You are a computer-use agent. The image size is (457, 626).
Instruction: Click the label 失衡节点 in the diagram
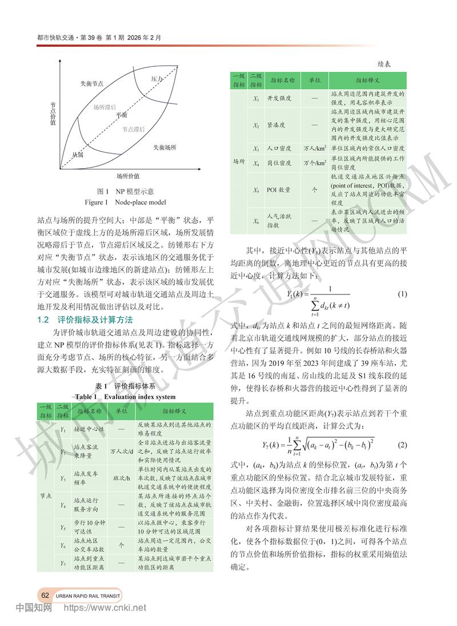point(93,83)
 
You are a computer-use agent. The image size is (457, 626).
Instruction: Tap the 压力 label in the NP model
point(158,78)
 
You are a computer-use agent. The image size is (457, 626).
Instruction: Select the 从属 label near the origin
point(78,154)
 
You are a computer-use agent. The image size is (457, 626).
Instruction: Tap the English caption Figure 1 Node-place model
point(125,202)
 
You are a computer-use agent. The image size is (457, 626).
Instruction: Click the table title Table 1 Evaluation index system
point(125,397)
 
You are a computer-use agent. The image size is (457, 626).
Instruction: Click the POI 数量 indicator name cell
point(279,190)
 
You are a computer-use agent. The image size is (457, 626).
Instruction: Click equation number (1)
point(402,294)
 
